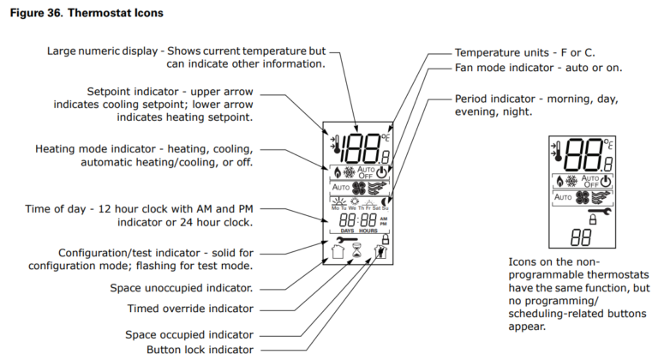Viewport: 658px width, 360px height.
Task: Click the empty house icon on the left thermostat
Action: click(x=337, y=253)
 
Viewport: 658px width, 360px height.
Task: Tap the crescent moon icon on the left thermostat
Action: click(x=386, y=203)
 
